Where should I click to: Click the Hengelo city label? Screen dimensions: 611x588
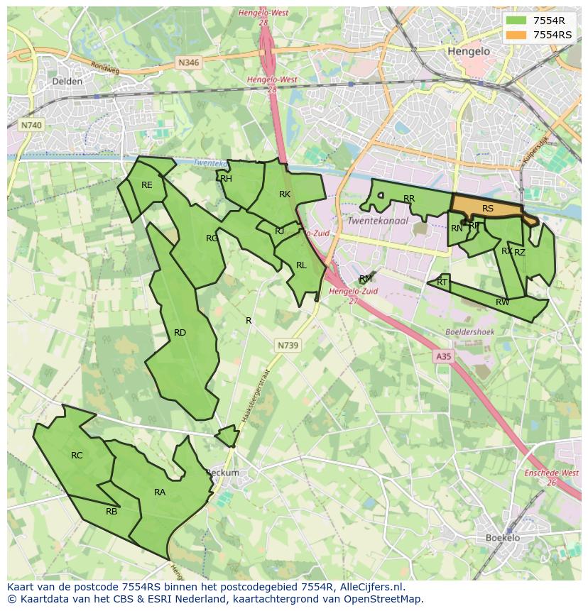tap(469, 52)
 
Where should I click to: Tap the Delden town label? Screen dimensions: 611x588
tap(67, 82)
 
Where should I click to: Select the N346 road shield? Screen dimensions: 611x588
tap(188, 62)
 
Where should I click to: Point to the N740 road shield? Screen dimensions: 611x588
tap(31, 125)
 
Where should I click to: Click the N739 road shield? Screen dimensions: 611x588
tap(287, 345)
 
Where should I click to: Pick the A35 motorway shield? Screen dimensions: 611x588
tap(444, 357)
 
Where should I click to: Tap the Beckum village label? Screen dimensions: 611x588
tap(223, 473)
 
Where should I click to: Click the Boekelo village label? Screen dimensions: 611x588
tap(503, 537)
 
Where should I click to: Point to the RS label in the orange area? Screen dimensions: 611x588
tap(488, 209)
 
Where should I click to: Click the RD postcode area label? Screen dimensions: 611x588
tap(180, 333)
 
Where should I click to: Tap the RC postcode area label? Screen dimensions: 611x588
tap(77, 456)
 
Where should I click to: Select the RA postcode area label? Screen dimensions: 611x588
tap(160, 492)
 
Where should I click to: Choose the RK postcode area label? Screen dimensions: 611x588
tap(285, 194)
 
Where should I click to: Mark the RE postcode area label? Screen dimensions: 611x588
tap(146, 185)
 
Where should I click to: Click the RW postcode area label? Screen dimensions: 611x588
tap(502, 302)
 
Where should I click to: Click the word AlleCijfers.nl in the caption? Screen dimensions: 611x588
tap(373, 587)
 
